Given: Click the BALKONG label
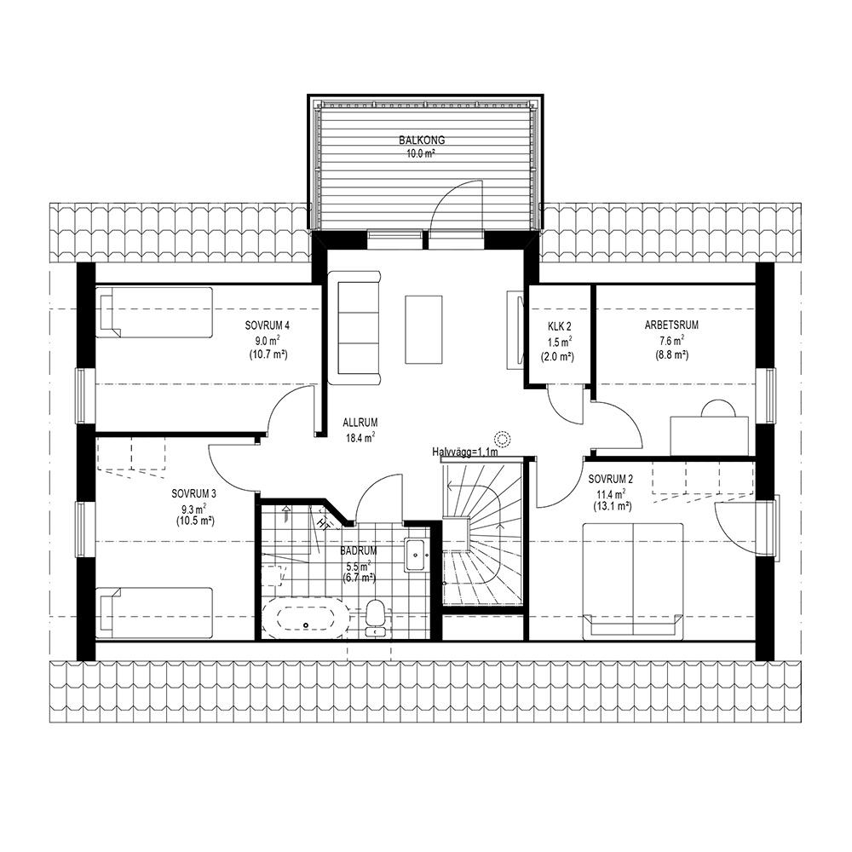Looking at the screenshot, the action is (422, 141).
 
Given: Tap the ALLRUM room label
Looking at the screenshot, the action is (360, 423).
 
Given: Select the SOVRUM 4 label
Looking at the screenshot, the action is (267, 325).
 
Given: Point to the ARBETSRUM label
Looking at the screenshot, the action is (671, 325).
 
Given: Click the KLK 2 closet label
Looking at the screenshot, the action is (559, 326).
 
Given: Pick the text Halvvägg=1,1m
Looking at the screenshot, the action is (465, 452).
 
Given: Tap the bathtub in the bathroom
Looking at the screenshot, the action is (305, 619).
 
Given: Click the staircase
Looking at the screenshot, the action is (482, 532).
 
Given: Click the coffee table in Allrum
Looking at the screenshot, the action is (423, 329).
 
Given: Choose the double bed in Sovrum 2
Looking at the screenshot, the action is (632, 580).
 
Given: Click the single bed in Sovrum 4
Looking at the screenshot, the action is (153, 313).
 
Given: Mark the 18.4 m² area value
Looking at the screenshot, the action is (361, 437).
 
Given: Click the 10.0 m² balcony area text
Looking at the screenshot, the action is (422, 153).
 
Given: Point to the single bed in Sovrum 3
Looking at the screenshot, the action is (153, 613).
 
